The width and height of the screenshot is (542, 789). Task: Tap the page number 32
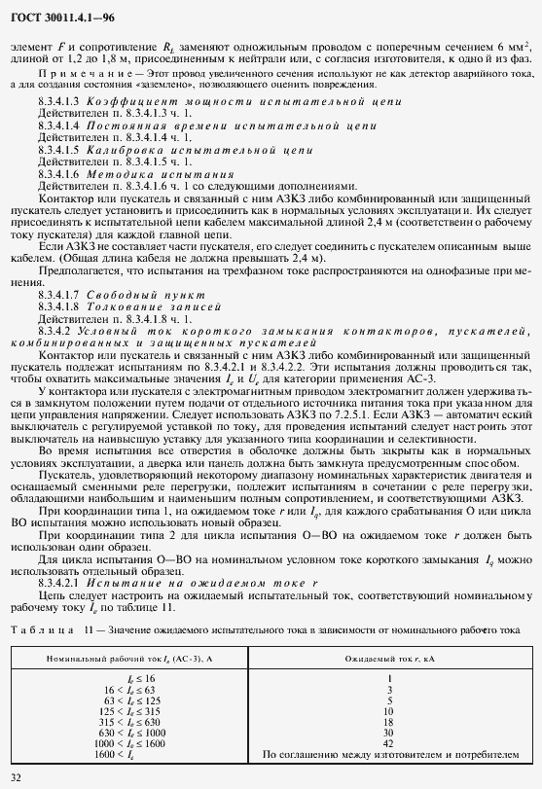point(16,775)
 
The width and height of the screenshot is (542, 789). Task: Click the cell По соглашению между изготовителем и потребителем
point(388,754)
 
